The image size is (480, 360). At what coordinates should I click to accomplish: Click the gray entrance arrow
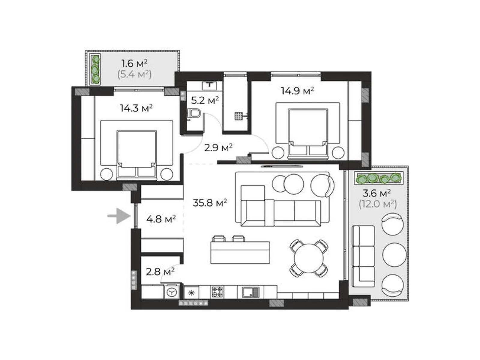tap(119, 216)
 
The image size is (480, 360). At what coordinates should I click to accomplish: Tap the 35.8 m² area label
tap(210, 202)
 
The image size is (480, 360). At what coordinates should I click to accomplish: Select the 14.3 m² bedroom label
tap(136, 108)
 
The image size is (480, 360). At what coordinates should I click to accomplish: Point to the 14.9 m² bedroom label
tap(297, 91)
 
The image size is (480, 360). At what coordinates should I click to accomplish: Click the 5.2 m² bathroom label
tap(205, 100)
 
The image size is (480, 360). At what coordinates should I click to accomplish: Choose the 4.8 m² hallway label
tap(161, 219)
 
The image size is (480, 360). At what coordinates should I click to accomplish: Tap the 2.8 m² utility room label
tap(160, 272)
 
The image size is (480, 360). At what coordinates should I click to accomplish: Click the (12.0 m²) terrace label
tap(378, 204)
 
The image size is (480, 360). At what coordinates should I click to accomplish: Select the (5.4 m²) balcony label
tap(134, 74)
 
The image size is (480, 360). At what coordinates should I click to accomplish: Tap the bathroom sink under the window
tap(209, 85)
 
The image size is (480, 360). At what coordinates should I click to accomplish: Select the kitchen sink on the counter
tap(250, 292)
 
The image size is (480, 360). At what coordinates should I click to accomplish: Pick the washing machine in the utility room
tap(172, 292)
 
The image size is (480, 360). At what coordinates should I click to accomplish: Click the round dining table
tap(309, 258)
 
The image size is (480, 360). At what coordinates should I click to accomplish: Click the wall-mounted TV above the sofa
tap(282, 166)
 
